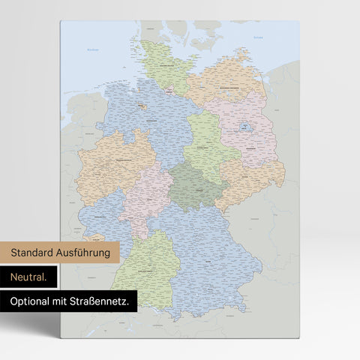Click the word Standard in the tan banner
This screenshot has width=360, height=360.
pos(36,253)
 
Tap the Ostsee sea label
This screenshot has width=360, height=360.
pos(259,35)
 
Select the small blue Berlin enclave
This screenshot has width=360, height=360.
pos(244,128)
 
